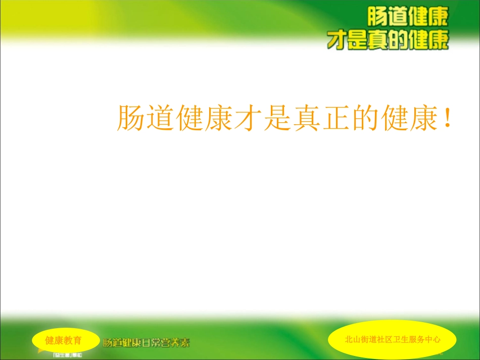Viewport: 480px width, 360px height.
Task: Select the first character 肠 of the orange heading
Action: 131,118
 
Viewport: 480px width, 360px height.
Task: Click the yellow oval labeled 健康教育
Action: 64,340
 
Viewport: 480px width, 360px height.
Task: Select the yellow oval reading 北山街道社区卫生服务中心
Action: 392,339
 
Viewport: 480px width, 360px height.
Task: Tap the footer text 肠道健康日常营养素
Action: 147,343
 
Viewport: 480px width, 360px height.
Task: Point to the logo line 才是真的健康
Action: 388,40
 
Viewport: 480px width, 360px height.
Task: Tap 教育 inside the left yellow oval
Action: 73,340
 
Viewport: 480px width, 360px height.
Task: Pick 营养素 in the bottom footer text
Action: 176,343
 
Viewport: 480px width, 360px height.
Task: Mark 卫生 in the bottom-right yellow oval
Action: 399,340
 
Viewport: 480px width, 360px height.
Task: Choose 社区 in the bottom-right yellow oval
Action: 386,340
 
